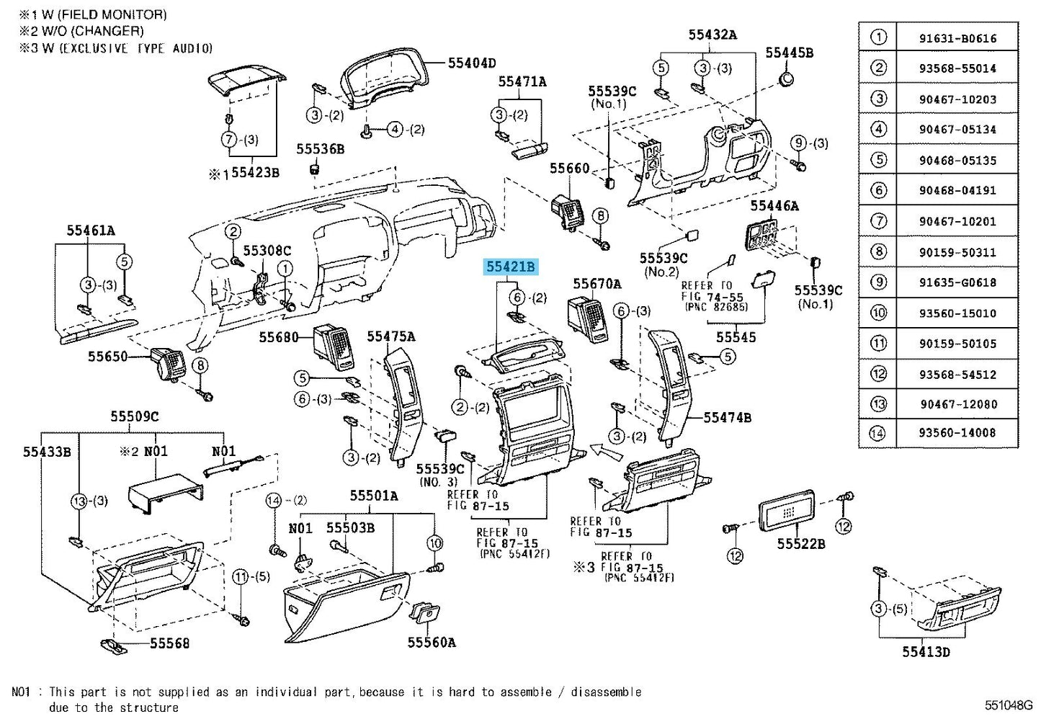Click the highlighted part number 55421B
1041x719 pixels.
pos(510,267)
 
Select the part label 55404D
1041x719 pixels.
pos(471,63)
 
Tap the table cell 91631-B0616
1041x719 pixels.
pos(957,38)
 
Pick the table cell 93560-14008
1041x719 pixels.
pos(957,433)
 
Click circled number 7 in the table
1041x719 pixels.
pos(878,221)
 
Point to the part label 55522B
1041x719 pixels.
pos(801,543)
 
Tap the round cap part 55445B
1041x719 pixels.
pos(787,78)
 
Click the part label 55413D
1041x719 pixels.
pos(926,652)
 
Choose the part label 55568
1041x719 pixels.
pos(169,643)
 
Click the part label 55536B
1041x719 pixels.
pos(320,149)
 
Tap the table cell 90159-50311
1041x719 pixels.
pos(957,252)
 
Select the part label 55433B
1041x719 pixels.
pos(47,452)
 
